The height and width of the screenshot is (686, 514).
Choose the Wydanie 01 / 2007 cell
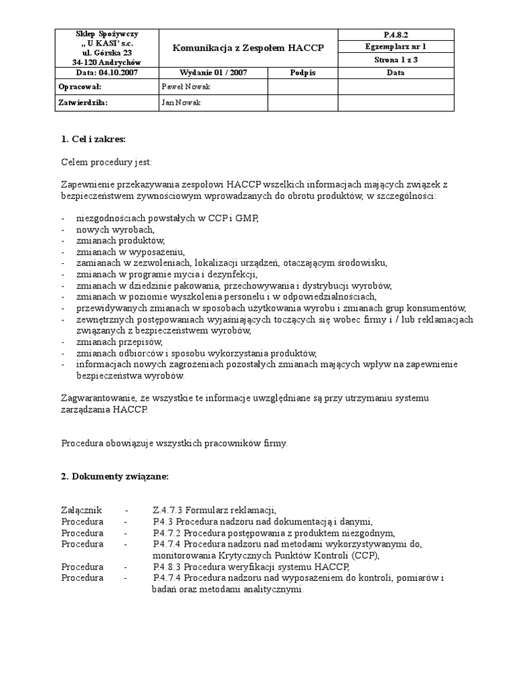[x=212, y=72]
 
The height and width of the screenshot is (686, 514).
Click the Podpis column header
[x=303, y=72]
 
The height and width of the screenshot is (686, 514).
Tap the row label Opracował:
[x=80, y=87]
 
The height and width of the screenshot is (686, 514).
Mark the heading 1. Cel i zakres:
[x=93, y=139]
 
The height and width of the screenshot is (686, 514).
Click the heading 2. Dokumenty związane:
[x=115, y=476]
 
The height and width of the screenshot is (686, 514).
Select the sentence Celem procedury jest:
[x=106, y=161]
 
